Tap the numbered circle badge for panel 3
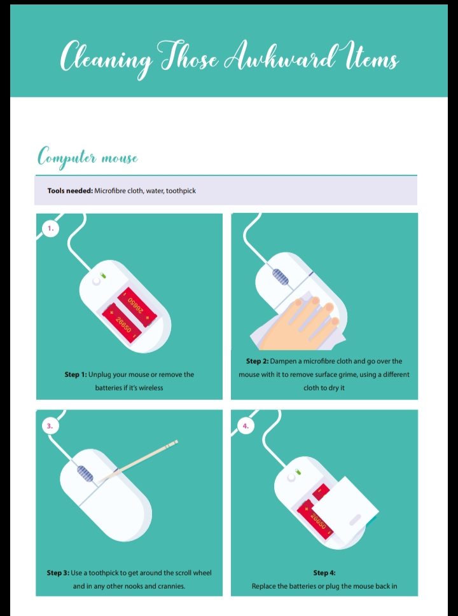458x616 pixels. [50, 426]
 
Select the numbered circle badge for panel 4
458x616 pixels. [246, 426]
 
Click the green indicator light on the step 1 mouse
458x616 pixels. [103, 276]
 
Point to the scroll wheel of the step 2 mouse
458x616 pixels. [281, 277]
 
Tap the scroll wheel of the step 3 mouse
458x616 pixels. [85, 474]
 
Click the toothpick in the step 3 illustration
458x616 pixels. [137, 461]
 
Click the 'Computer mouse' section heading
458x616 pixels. [88, 158]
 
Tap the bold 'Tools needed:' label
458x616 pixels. [70, 191]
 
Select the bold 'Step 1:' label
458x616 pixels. [76, 374]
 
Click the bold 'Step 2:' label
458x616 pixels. [258, 361]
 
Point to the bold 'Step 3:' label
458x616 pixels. [58, 573]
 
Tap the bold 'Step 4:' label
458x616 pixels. [324, 573]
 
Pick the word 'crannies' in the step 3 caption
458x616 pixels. [170, 586]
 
